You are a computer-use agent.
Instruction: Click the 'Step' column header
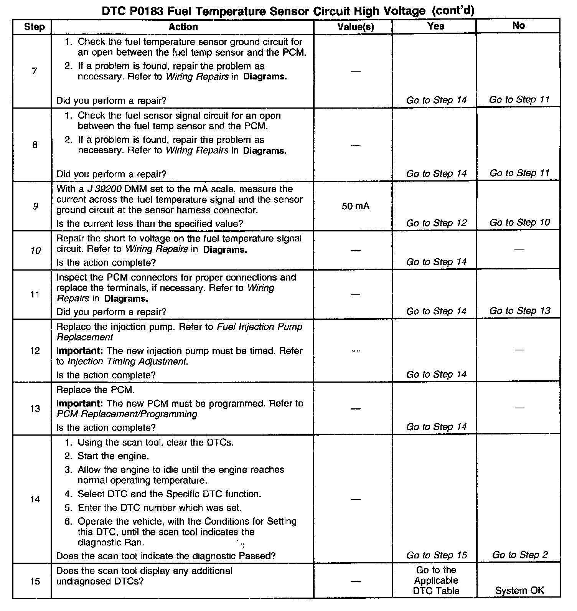[34, 27]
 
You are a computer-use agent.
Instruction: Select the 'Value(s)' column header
[355, 27]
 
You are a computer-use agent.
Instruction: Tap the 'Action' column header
[183, 27]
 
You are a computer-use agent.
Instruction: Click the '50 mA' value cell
[355, 206]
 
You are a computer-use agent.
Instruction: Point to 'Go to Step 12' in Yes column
[436, 223]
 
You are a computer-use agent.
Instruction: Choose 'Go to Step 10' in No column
[519, 223]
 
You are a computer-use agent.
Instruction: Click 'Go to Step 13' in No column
[519, 310]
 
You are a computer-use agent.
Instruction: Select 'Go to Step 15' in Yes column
[436, 555]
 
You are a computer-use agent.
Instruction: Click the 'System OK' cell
[519, 590]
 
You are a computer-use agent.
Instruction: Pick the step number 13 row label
[35, 409]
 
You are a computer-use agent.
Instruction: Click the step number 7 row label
[35, 71]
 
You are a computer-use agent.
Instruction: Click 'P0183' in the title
[146, 11]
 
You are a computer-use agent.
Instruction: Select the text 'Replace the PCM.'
[95, 390]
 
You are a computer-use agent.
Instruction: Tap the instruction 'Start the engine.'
[113, 456]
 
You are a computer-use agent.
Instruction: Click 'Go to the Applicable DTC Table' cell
[436, 580]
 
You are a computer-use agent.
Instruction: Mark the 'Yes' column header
[436, 26]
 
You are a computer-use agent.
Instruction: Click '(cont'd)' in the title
[453, 11]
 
